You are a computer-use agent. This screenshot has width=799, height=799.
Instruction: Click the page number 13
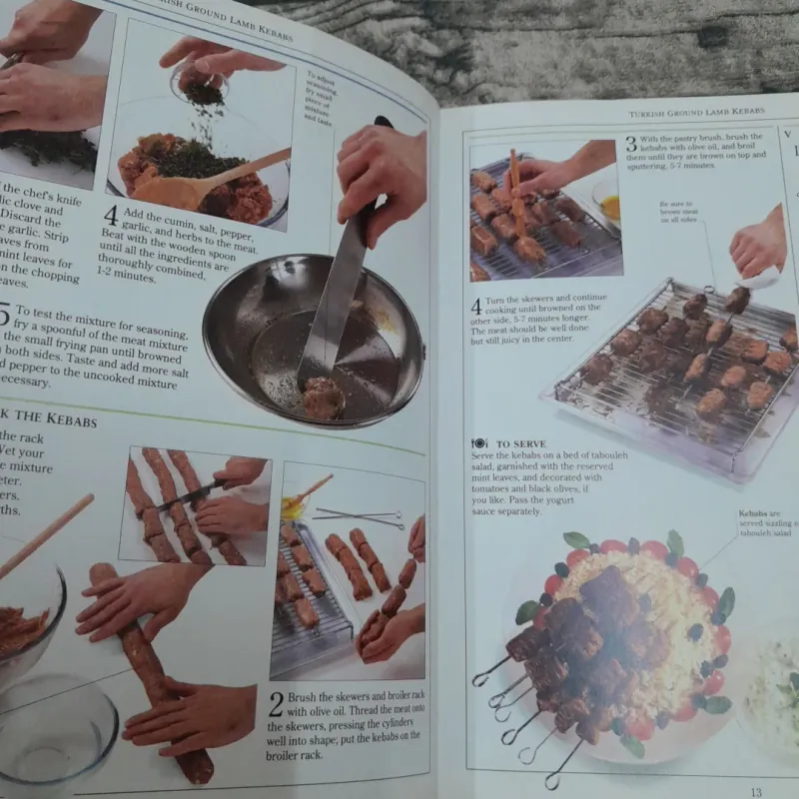pos(756,791)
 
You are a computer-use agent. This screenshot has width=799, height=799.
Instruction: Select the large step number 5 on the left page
pos(5,319)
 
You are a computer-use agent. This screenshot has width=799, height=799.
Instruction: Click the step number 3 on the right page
pos(631,144)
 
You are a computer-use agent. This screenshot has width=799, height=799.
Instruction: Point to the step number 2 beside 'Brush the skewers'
pos(276,704)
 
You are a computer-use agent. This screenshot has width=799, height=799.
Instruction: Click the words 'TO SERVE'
pos(519,442)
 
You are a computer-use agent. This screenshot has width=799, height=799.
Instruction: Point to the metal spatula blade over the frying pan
pos(335,300)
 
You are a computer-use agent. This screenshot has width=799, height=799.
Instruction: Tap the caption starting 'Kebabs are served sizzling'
pos(764,523)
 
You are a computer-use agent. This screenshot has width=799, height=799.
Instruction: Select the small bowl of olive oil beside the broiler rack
pos(292,507)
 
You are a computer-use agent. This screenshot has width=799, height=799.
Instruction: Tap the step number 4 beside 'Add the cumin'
pos(111,215)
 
